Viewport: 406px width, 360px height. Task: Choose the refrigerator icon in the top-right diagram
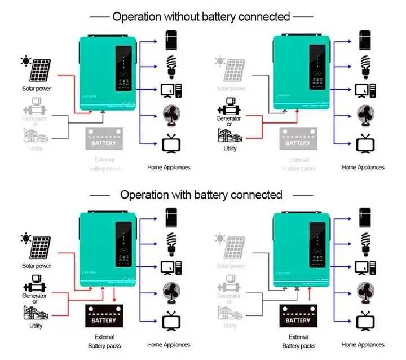point(364,40)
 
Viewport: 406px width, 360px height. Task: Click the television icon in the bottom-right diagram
point(364,321)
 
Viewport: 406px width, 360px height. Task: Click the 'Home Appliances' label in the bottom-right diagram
point(363,344)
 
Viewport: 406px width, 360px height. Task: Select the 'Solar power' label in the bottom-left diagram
point(37,265)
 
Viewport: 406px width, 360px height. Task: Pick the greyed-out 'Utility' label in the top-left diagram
point(36,148)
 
